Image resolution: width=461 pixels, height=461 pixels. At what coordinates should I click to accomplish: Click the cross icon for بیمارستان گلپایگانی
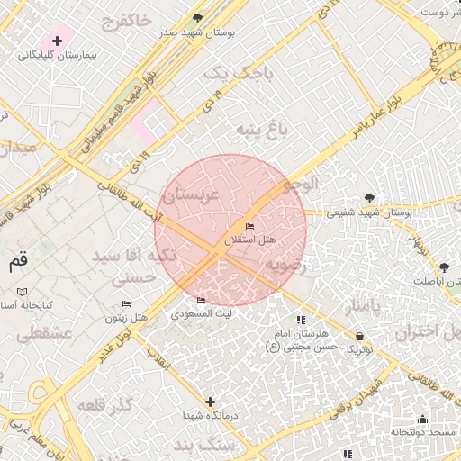pyautogui.click(x=58, y=41)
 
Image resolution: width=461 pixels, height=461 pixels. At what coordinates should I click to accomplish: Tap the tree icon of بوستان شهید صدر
pyautogui.click(x=198, y=18)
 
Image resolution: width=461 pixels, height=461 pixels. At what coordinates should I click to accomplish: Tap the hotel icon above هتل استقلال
pyautogui.click(x=249, y=226)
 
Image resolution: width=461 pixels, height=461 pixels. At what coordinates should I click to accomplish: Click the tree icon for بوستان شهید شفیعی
pyautogui.click(x=369, y=198)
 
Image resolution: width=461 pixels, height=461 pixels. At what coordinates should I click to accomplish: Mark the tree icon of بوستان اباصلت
pyautogui.click(x=443, y=267)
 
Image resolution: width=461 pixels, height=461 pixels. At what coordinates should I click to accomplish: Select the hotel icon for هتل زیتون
pyautogui.click(x=126, y=303)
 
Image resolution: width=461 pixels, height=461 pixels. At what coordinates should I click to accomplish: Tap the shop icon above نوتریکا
pyautogui.click(x=360, y=335)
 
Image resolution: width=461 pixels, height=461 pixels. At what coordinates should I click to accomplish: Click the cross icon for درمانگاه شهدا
pyautogui.click(x=210, y=402)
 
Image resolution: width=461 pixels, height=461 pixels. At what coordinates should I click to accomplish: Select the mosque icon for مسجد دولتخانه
pyautogui.click(x=422, y=419)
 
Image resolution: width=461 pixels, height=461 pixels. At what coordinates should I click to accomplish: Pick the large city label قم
pyautogui.click(x=19, y=262)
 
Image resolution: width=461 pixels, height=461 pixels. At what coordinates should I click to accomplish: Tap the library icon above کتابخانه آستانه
pyautogui.click(x=22, y=293)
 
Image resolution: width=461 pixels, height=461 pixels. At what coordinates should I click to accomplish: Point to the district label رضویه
pyautogui.click(x=286, y=266)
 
